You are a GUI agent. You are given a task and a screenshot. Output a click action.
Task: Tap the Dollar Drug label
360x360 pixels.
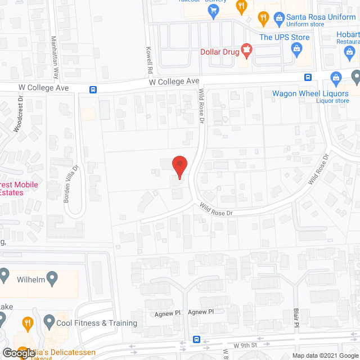tap(219, 52)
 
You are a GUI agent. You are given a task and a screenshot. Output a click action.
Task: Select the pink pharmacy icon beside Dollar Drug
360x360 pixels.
tap(246, 51)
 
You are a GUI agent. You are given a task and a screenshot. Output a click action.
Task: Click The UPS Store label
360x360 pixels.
tap(284, 38)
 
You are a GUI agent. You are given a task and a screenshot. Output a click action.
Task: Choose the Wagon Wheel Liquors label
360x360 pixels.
tap(310, 94)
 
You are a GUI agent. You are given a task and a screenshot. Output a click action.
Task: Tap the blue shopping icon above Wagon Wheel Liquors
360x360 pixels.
tap(336, 77)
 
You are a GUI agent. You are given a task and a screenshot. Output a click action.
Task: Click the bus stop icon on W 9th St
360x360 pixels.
tap(196, 339)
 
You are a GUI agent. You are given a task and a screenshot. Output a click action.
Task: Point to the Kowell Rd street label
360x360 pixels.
tap(150, 60)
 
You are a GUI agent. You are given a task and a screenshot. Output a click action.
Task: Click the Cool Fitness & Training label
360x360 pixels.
tap(97, 323)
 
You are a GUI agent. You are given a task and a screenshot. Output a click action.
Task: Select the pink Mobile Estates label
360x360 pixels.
tap(19, 188)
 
